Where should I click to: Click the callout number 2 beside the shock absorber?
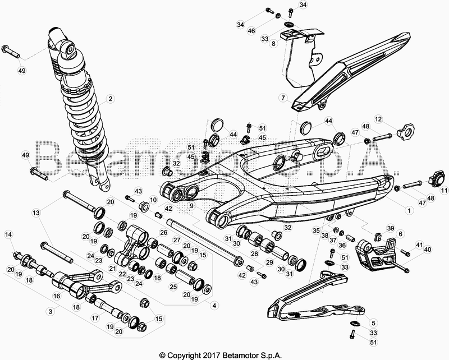110,99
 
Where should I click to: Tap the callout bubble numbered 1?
409,211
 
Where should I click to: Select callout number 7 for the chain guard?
283,98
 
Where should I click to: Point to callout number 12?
378,119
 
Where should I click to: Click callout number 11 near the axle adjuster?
444,190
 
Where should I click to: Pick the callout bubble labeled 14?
8,234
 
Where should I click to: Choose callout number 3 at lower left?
51,311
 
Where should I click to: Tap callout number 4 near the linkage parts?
214,306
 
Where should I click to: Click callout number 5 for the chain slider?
374,324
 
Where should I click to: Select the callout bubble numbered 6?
400,234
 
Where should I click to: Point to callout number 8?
273,44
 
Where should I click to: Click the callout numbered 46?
251,31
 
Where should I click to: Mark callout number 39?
391,228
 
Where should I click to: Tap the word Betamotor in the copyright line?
241,356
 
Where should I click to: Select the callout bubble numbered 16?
57,296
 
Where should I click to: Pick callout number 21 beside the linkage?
113,268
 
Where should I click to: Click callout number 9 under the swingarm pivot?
191,205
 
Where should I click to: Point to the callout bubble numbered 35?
316,230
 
